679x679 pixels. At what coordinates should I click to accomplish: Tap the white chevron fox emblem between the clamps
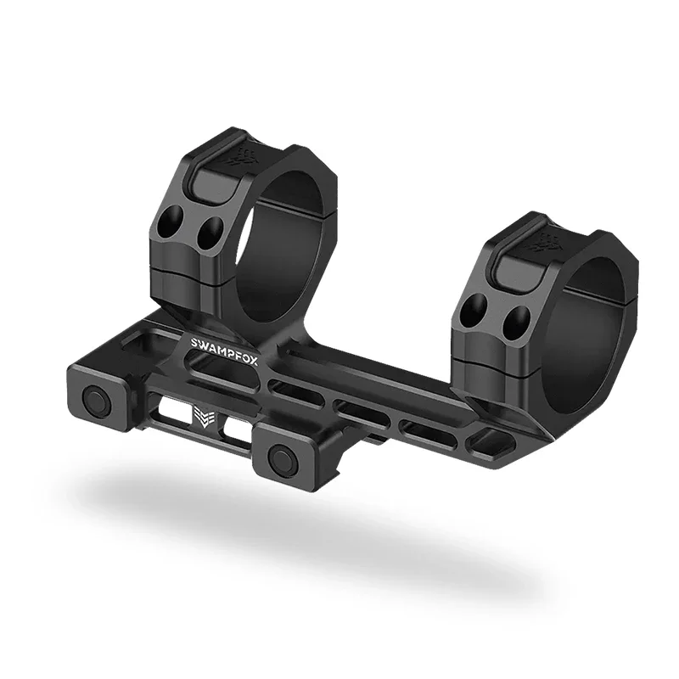205,418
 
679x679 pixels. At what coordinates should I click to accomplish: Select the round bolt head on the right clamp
280,459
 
